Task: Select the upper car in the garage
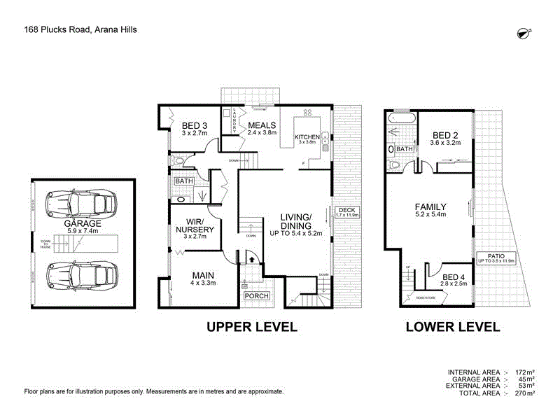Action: (79, 204)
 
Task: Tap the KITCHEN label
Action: (307, 137)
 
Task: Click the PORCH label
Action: (255, 296)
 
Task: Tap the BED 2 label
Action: (445, 136)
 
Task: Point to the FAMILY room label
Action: (431, 206)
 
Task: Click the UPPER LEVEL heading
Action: (251, 327)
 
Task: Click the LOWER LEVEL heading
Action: (453, 327)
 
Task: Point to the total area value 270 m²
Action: (523, 393)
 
